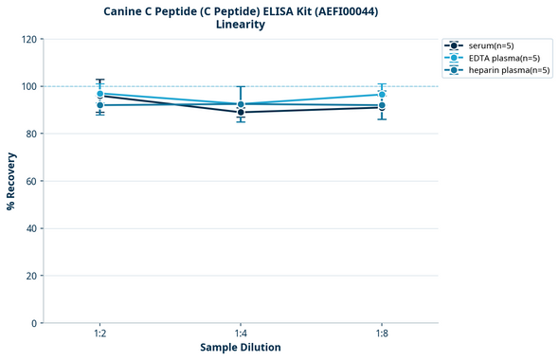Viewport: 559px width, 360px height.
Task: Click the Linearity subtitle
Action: [241, 25]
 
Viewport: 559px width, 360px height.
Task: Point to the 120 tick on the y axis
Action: [29, 39]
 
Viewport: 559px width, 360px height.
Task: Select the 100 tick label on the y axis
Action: [29, 86]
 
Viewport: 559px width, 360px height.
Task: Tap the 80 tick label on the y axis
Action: [31, 134]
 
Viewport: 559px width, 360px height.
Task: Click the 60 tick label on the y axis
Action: [31, 181]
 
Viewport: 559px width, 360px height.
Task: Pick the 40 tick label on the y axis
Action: [31, 228]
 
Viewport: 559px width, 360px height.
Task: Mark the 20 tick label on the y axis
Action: [31, 276]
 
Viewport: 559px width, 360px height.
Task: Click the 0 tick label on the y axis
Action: [34, 323]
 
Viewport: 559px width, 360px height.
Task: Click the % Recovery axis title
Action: [11, 181]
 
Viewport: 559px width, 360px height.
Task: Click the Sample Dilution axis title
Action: [241, 348]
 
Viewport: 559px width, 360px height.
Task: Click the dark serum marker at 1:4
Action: [241, 113]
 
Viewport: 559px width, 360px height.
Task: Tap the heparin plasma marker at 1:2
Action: [99, 105]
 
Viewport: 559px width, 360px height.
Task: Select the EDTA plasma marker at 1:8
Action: [381, 95]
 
